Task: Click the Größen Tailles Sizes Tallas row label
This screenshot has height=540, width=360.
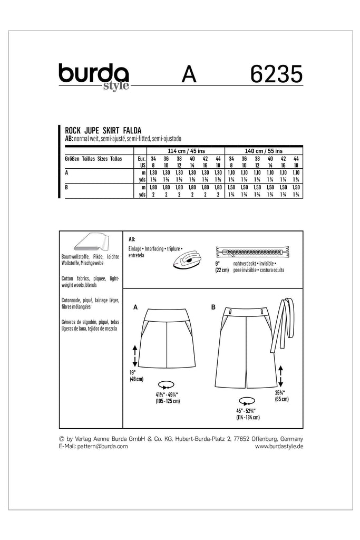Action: click(93, 158)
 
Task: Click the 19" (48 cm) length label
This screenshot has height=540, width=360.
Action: click(136, 376)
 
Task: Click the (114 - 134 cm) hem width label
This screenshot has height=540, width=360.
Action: click(248, 418)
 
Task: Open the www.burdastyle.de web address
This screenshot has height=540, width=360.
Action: click(279, 446)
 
